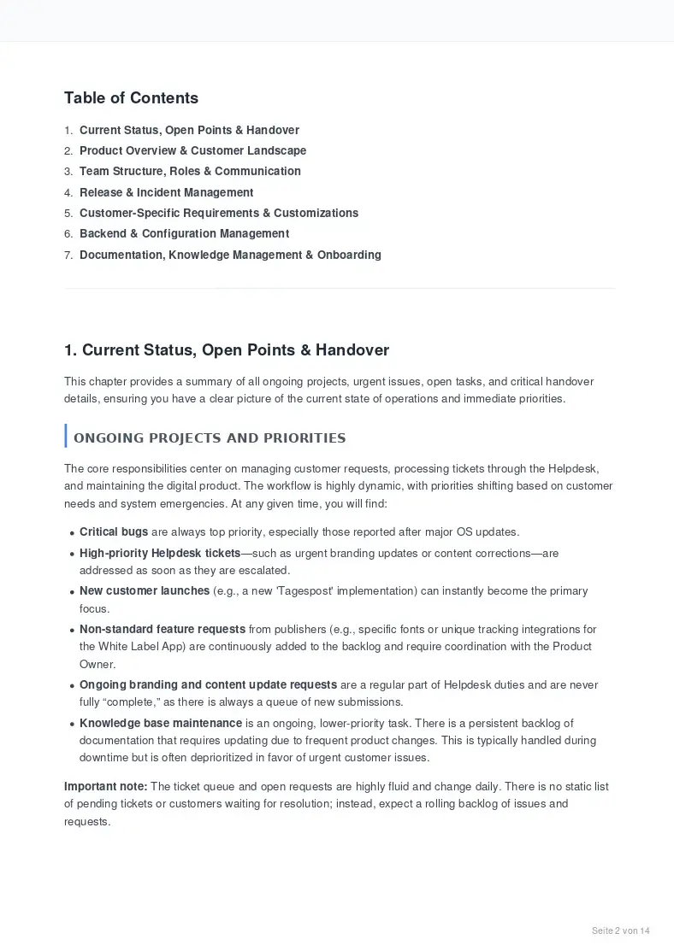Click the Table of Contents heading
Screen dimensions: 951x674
tap(131, 98)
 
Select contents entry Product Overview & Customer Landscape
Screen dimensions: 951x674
tap(192, 150)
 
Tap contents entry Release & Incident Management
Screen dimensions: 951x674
tap(166, 192)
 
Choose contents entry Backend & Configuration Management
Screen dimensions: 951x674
tap(184, 233)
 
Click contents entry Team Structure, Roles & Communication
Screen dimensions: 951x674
tap(190, 171)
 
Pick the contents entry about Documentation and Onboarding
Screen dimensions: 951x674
tap(230, 255)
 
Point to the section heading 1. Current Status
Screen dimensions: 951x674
tap(227, 350)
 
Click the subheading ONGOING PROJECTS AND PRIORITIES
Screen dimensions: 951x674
tap(210, 438)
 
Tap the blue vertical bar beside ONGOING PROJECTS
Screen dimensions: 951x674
tap(66, 436)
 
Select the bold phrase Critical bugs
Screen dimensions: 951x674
tap(114, 532)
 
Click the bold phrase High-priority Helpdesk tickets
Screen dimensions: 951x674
tap(160, 553)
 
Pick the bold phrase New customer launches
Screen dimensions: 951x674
tap(145, 590)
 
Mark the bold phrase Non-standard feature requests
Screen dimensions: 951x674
tap(163, 629)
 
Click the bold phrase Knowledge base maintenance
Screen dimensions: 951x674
tap(161, 723)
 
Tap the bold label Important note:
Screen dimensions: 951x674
tap(106, 786)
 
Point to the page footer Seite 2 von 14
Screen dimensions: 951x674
tap(621, 930)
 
